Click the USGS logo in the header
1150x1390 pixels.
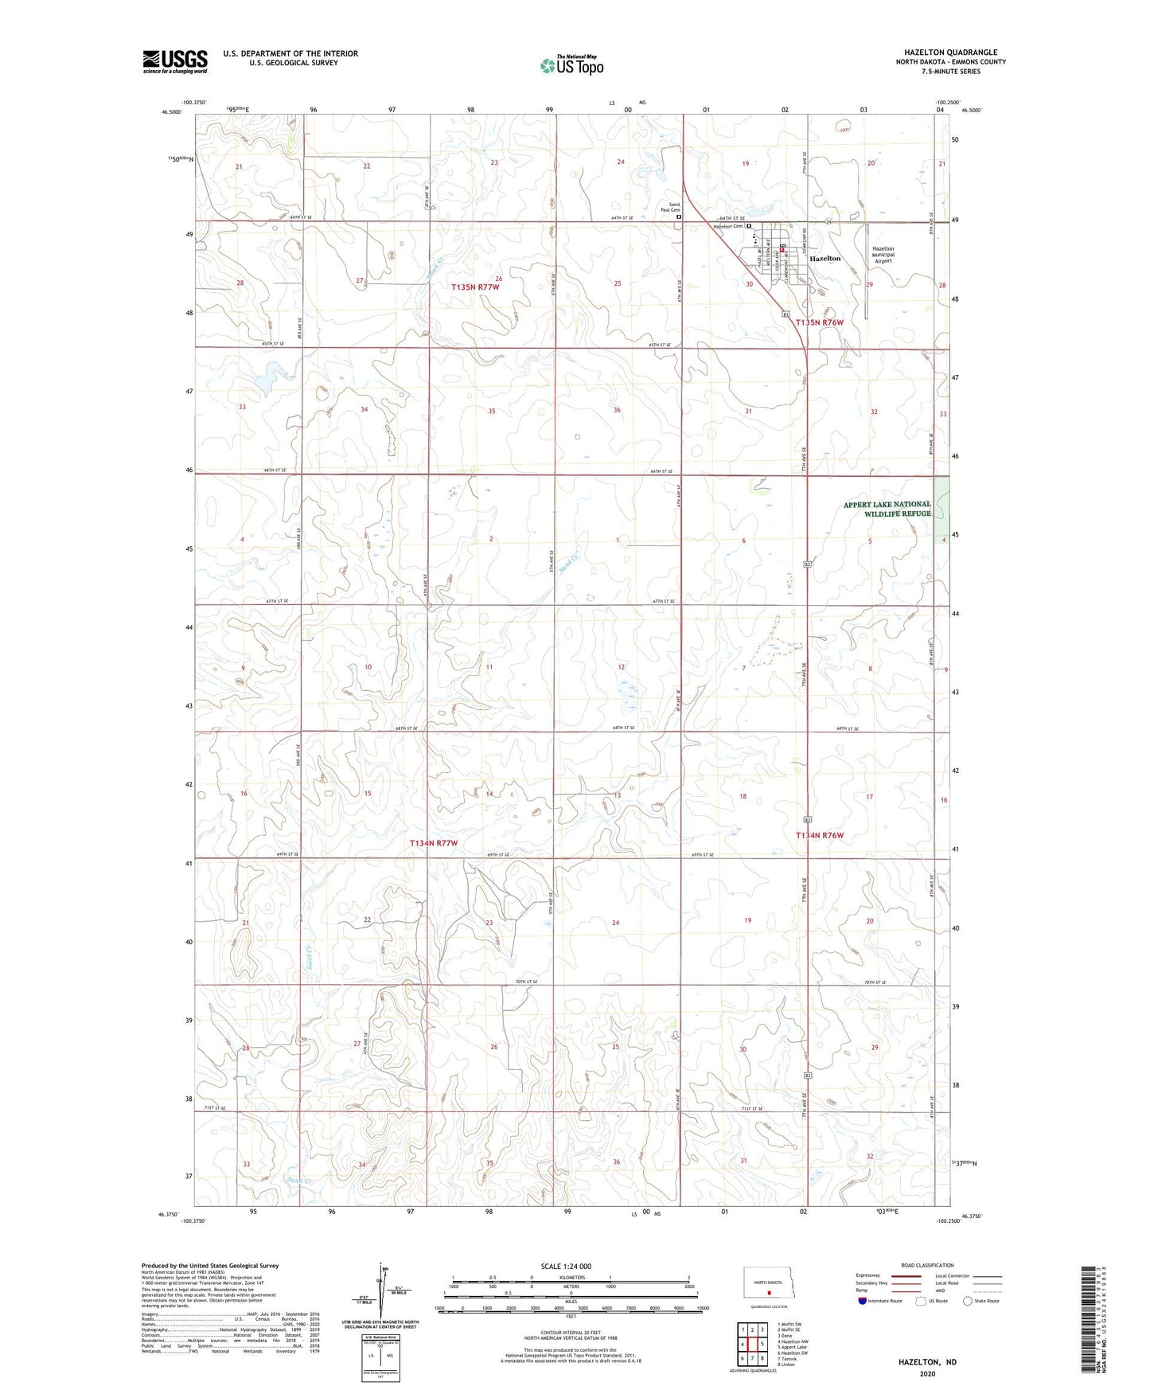175,61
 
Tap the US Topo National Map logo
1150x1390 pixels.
571,64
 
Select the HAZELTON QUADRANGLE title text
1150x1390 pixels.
950,53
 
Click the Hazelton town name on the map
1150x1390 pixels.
824,259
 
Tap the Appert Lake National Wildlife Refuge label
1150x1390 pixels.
887,509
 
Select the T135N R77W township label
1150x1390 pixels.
475,287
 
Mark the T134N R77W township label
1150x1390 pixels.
434,842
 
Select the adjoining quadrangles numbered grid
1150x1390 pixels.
751,1345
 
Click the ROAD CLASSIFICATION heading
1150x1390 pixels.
927,1265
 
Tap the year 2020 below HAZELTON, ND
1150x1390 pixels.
927,1373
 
